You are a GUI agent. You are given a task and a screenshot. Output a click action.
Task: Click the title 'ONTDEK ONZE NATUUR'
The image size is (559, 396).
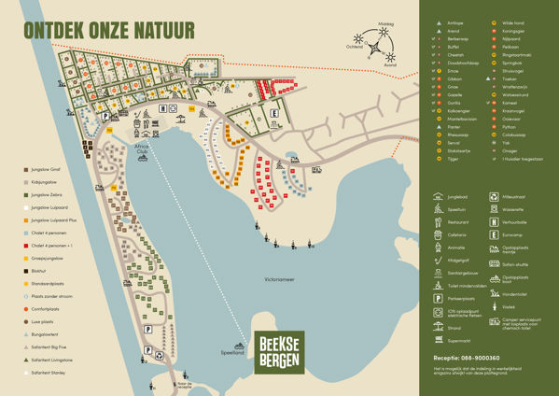coord(109,30)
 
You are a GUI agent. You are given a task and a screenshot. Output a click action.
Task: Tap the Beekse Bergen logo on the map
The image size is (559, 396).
coord(279,352)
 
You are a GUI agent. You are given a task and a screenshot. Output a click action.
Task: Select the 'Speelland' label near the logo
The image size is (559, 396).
coord(232,352)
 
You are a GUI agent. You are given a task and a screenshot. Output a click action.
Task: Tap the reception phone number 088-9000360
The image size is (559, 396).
coord(467,358)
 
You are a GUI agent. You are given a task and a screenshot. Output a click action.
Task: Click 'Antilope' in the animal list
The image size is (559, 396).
coord(455,21)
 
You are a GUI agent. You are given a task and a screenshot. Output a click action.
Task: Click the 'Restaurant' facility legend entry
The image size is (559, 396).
coord(457,222)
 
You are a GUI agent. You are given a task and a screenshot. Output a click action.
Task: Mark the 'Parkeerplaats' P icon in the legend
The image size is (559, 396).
coord(438,299)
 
